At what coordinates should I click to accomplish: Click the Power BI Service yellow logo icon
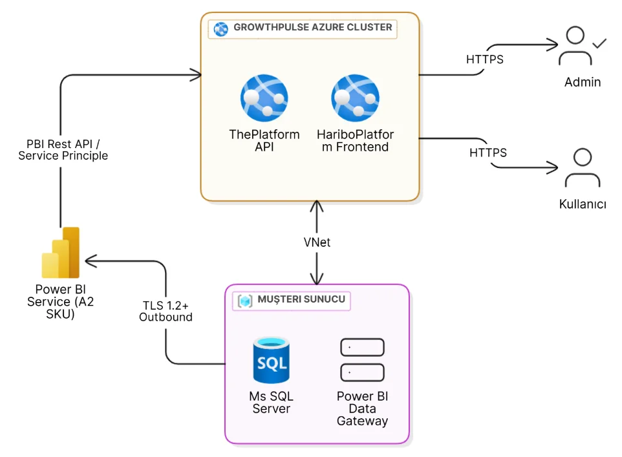[x=60, y=253]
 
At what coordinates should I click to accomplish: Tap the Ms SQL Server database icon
[x=272, y=360]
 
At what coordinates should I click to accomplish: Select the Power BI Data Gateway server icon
[x=362, y=360]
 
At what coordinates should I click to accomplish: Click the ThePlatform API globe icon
[x=264, y=99]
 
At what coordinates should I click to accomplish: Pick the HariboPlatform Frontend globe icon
[x=355, y=99]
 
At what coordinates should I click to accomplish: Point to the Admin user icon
[x=575, y=46]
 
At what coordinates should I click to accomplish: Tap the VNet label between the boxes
[x=317, y=242]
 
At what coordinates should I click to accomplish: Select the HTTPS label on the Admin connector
[x=485, y=59]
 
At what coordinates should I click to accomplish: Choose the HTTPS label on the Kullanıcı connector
[x=488, y=153]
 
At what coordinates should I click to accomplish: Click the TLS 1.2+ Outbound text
[x=166, y=311]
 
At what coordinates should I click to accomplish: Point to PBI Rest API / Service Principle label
[x=63, y=150]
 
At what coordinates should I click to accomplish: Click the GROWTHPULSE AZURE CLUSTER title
[x=313, y=28]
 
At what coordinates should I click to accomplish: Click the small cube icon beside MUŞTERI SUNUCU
[x=246, y=301]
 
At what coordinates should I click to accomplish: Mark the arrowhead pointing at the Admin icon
[x=552, y=45]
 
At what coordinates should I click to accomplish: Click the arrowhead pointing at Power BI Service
[x=90, y=261]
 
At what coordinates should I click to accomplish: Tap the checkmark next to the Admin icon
[x=600, y=43]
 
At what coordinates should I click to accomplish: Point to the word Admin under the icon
[x=583, y=82]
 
